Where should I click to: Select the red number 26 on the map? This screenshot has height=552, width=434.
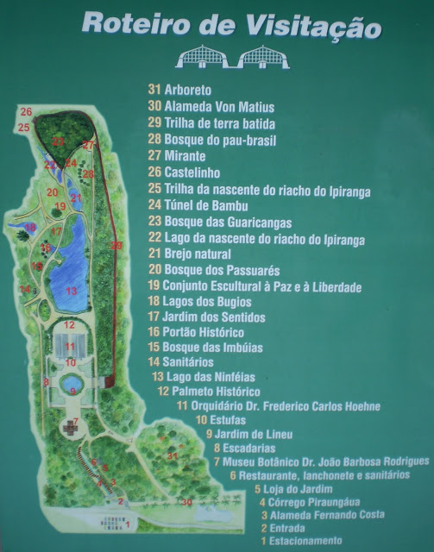coord(26,112)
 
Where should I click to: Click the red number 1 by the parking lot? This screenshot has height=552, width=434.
coord(129,524)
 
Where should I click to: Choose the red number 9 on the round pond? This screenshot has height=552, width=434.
coord(73,391)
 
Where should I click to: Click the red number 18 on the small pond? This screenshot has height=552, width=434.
coord(46,248)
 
